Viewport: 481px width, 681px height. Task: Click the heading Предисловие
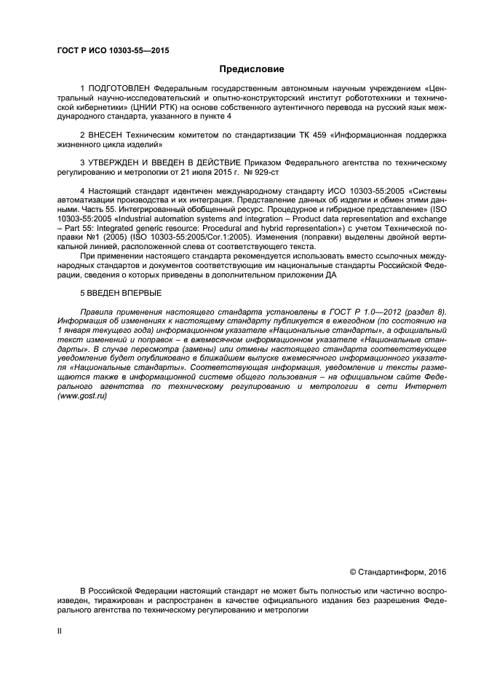[x=240, y=71]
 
